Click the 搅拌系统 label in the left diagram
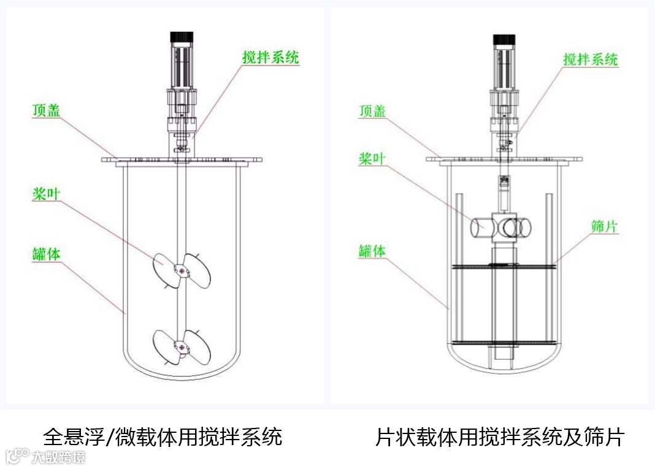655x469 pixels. point(270,58)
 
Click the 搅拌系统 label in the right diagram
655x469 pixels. point(591,59)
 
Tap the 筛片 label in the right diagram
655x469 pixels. point(604,226)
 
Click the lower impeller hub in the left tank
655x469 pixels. point(180,345)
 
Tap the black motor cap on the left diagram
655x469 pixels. point(182,37)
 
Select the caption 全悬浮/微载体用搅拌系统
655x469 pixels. point(163,437)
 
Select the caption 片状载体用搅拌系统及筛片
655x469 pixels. point(500,437)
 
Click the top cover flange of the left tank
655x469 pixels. point(182,160)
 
